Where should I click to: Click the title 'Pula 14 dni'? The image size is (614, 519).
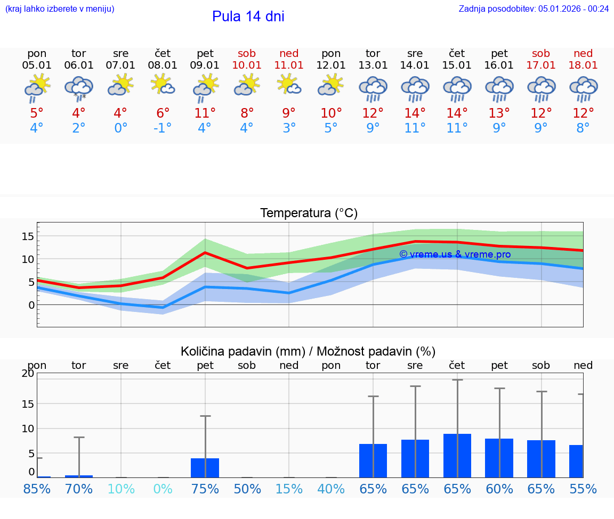(248, 17)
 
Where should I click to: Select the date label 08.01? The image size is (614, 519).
(163, 65)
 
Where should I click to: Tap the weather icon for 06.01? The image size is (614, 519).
(79, 88)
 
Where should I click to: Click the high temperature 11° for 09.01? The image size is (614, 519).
(205, 113)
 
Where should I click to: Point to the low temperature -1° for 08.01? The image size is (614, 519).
(163, 128)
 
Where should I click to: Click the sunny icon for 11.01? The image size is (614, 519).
(289, 85)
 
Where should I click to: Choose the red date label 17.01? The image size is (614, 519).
(541, 65)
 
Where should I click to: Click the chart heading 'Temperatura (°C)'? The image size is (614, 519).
(309, 213)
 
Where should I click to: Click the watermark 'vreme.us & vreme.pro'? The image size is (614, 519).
(455, 254)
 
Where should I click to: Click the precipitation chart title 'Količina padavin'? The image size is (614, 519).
(308, 351)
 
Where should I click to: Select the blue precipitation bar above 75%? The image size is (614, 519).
(205, 468)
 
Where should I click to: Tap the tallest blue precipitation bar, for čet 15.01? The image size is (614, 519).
(457, 456)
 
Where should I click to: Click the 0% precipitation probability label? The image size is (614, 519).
(163, 489)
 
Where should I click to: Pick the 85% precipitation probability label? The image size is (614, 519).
(37, 489)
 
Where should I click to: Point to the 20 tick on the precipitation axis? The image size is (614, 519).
(28, 374)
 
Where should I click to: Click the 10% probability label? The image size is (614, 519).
(121, 489)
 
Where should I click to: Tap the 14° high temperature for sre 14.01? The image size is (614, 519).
(415, 113)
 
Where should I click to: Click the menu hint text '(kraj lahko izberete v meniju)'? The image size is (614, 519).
(60, 9)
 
